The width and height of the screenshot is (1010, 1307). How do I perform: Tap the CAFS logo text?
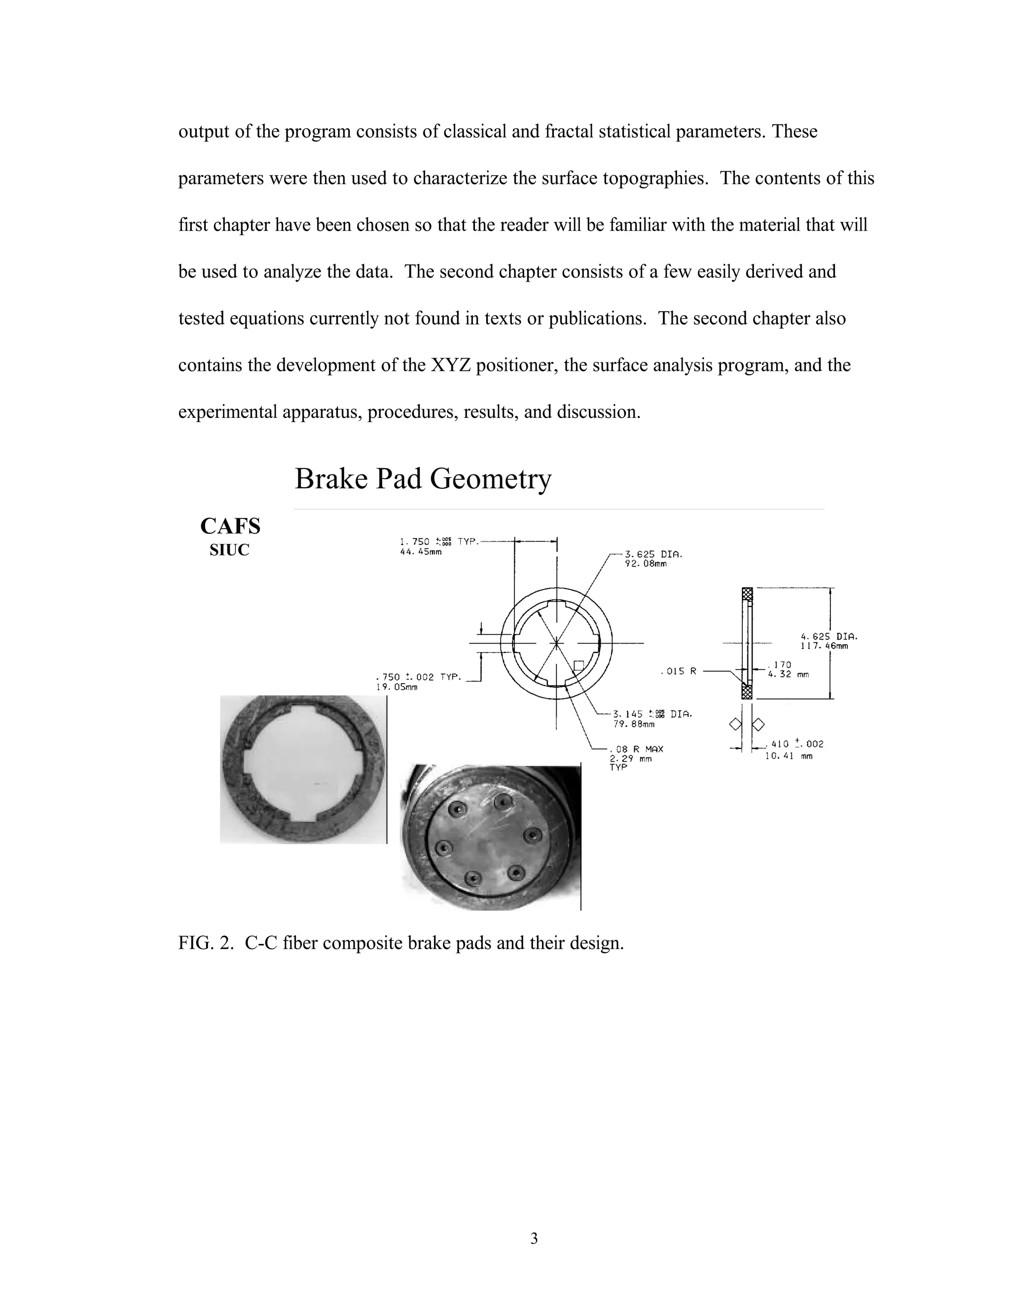pos(230,527)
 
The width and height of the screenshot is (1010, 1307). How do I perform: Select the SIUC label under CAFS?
pos(229,550)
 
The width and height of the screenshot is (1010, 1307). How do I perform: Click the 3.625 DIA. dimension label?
pos(653,554)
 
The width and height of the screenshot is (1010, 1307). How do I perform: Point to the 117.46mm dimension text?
pos(824,646)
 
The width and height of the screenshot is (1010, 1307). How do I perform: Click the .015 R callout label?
pos(679,671)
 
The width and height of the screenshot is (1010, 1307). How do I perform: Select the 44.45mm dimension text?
pos(421,552)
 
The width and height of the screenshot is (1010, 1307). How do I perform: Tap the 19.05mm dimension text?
pos(397,687)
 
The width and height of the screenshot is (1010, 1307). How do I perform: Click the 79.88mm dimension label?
pos(634,724)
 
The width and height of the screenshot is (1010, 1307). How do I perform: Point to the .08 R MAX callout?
pos(637,749)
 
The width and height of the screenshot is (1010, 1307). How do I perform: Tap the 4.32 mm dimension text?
pos(788,674)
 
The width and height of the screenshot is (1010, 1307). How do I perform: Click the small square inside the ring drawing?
pos(578,665)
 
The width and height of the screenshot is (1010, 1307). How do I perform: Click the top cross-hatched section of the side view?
pos(747,594)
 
